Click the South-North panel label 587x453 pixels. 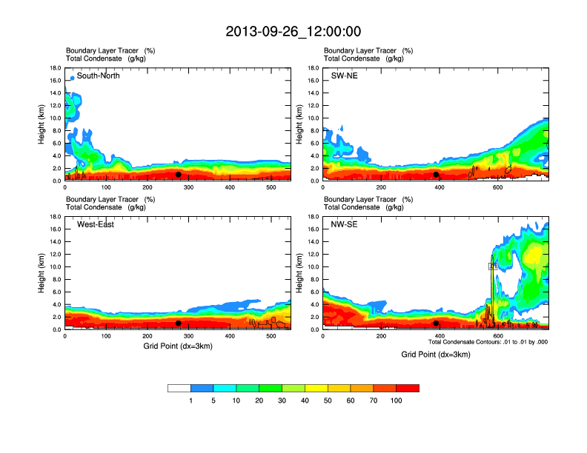pyautogui.click(x=99, y=75)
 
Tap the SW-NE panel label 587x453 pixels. pyautogui.click(x=344, y=75)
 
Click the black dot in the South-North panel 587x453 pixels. pyautogui.click(x=179, y=175)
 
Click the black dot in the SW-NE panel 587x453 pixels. pyautogui.click(x=436, y=175)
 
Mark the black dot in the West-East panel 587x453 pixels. pyautogui.click(x=179, y=323)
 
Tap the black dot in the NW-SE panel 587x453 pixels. pyautogui.click(x=436, y=323)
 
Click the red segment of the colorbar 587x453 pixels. pyautogui.click(x=408, y=388)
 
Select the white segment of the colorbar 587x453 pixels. pyautogui.click(x=179, y=388)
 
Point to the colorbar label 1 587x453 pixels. pyautogui.click(x=191, y=400)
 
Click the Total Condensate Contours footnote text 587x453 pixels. pyautogui.click(x=488, y=342)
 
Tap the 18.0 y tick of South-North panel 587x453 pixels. pyautogui.click(x=55, y=68)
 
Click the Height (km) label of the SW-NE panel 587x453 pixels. pyautogui.click(x=299, y=124)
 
